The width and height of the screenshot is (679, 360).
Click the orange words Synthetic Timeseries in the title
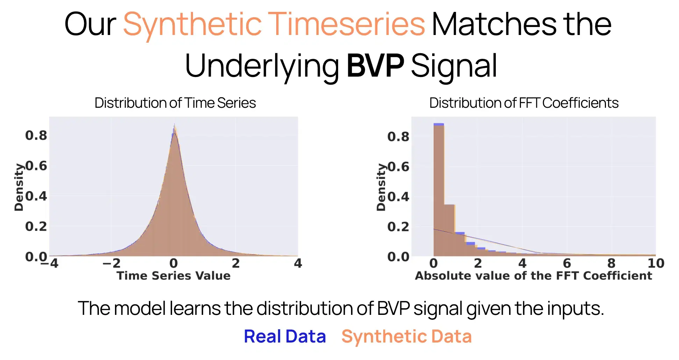click(274, 24)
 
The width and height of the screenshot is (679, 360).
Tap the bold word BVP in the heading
click(375, 65)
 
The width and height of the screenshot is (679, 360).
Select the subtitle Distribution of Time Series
click(175, 103)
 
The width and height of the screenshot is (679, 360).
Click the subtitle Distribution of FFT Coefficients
click(524, 103)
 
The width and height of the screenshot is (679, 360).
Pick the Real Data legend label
click(285, 337)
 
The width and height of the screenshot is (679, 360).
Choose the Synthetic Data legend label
click(406, 337)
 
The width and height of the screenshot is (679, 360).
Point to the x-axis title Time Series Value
click(173, 276)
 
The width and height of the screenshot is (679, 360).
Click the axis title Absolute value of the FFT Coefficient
click(533, 276)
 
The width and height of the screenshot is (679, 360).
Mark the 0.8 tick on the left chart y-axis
click(36, 135)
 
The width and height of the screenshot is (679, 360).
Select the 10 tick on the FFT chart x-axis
click(656, 263)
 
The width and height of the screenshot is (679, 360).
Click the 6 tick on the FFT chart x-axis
click(567, 263)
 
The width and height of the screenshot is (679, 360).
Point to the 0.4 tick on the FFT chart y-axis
click(398, 197)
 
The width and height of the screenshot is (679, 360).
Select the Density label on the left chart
click(19, 187)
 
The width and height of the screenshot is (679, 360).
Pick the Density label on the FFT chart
click(381, 187)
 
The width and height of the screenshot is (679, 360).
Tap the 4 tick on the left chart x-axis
click(298, 263)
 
